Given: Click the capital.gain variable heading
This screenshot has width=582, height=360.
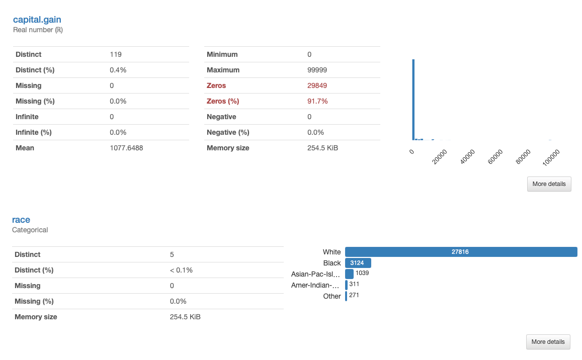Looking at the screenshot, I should (x=37, y=20).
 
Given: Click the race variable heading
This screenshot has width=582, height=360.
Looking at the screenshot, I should (x=21, y=220).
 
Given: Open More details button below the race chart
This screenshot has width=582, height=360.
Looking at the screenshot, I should (x=548, y=342).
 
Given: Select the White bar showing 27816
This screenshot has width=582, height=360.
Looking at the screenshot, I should (x=460, y=252).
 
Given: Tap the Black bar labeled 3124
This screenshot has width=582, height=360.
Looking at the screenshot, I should (x=358, y=263).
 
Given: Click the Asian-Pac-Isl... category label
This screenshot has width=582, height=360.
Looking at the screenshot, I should (x=316, y=274).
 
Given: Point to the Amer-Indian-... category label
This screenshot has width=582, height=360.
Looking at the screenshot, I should (x=316, y=285).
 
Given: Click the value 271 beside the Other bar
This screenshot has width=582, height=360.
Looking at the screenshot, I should (x=354, y=295).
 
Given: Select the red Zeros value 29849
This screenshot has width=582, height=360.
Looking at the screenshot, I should (x=317, y=85).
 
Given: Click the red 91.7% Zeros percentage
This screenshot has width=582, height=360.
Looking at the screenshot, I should (x=317, y=101).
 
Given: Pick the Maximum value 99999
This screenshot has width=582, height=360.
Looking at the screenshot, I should (x=317, y=70).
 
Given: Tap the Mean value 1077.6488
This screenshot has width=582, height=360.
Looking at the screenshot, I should (x=126, y=148).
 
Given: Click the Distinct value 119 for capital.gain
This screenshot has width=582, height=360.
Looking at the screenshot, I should (x=116, y=54).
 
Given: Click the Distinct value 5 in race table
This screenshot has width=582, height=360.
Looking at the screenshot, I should (x=172, y=254).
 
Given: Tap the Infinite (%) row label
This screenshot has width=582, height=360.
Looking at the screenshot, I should (x=34, y=132).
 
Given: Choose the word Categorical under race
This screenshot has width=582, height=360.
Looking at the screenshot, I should (x=30, y=230).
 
